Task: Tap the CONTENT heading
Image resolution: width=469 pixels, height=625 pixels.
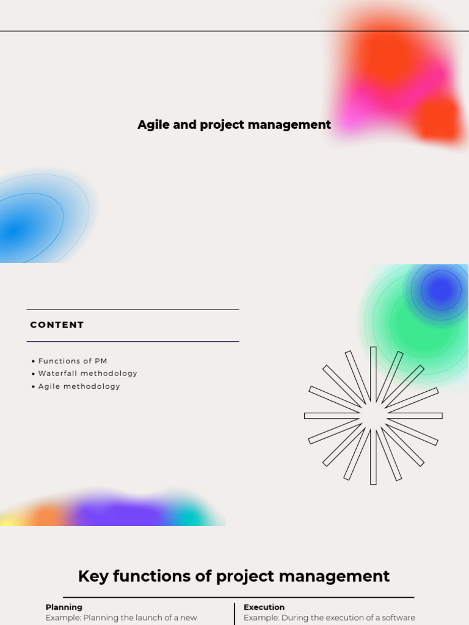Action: pyautogui.click(x=57, y=325)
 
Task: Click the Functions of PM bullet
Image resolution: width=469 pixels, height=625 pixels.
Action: pyautogui.click(x=72, y=361)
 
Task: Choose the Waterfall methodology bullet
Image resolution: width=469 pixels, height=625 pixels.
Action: pyautogui.click(x=87, y=374)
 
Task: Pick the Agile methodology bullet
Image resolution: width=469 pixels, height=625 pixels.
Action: pyautogui.click(x=79, y=386)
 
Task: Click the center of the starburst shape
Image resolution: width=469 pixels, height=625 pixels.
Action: pyautogui.click(x=373, y=416)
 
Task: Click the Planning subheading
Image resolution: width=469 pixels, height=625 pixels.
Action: pyautogui.click(x=64, y=607)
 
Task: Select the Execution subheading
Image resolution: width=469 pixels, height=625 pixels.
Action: pyautogui.click(x=264, y=607)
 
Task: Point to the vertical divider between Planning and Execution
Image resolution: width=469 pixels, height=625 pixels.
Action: pyautogui.click(x=234, y=614)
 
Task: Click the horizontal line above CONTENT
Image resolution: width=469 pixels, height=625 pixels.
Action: pyautogui.click(x=133, y=309)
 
